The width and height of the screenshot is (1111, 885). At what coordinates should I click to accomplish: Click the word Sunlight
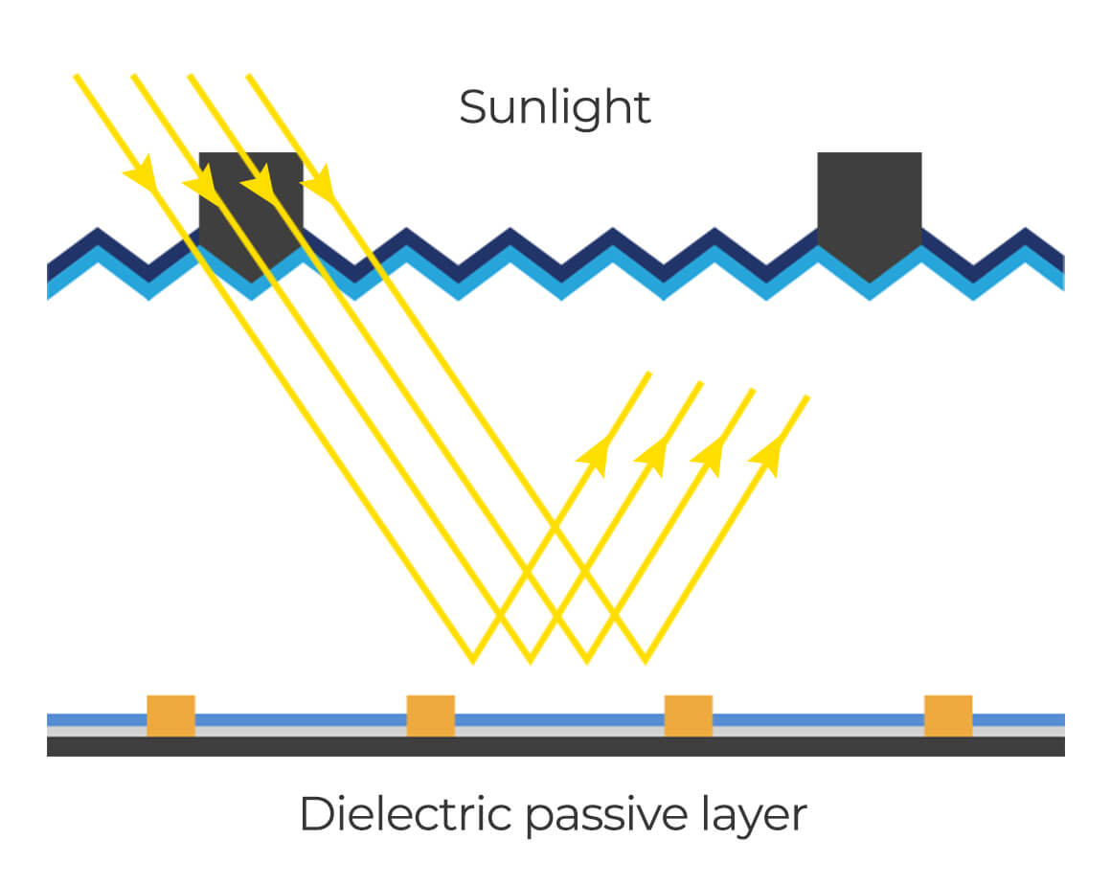coord(555,106)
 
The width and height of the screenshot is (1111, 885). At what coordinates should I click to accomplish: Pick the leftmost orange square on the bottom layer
coord(170,715)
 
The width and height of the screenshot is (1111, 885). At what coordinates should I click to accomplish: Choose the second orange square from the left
coord(430,715)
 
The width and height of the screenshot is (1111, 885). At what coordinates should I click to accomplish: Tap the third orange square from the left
coord(689,715)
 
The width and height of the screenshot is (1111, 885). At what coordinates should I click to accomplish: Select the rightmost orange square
coord(947,715)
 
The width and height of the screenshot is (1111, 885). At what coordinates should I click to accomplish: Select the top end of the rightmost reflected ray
coord(807,397)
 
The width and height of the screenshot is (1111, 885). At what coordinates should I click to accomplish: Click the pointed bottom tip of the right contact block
coord(870,282)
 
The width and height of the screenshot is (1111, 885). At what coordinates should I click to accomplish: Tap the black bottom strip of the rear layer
coord(555,746)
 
